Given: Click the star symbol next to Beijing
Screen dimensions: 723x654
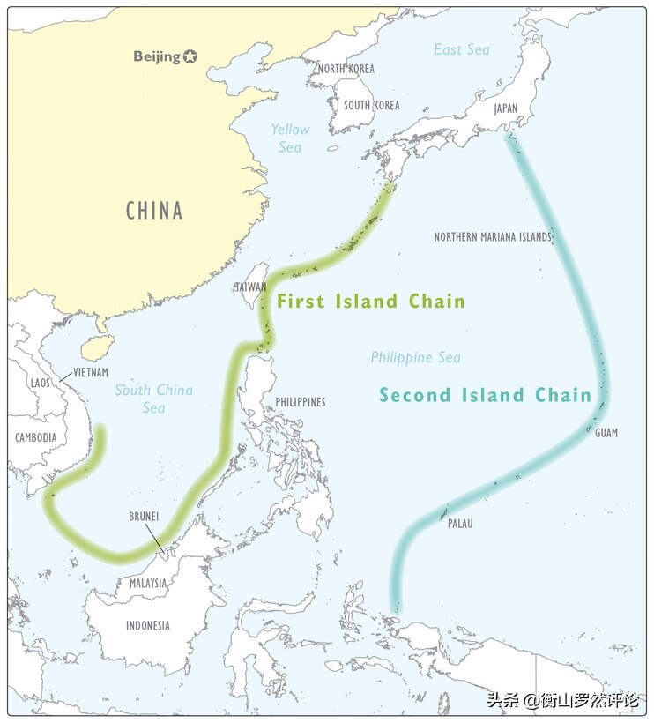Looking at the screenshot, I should click(x=190, y=56).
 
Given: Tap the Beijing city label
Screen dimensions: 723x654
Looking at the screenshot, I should click(x=158, y=56).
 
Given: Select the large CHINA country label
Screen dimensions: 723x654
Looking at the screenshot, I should click(x=154, y=211).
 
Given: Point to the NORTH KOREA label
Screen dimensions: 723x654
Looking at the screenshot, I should click(x=346, y=69).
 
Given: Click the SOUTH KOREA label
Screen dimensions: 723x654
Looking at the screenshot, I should click(x=371, y=105).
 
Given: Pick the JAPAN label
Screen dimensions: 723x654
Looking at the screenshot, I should click(x=506, y=109).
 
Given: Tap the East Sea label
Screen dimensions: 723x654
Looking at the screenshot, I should click(x=461, y=49).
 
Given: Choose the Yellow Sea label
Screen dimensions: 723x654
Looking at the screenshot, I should click(x=290, y=138).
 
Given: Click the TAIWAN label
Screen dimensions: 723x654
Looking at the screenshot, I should click(x=249, y=287).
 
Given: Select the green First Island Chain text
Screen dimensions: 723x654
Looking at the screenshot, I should click(x=370, y=302).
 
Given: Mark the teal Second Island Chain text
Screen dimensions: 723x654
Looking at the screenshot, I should click(x=485, y=395).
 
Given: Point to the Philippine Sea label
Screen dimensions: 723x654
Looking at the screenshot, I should click(x=415, y=357).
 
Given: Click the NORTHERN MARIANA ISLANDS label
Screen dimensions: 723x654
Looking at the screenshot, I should click(x=492, y=237).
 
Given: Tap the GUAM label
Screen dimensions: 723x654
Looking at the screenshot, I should click(x=606, y=433).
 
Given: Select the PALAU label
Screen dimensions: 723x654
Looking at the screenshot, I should click(x=459, y=524).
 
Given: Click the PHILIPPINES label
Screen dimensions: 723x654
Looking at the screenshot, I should click(x=300, y=402).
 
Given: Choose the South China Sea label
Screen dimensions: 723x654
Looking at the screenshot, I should click(x=153, y=399).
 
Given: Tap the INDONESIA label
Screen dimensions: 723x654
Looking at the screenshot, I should click(x=147, y=626).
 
